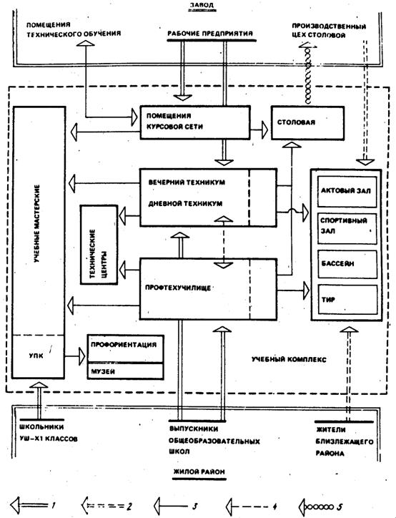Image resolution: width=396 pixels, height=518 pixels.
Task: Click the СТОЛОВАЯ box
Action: [307, 122]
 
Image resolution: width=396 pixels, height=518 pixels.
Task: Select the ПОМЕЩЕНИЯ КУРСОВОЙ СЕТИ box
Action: [195, 122]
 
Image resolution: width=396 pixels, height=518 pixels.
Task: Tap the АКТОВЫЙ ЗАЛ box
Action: [347, 191]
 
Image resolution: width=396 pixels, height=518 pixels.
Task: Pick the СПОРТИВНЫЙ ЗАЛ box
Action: [347, 229]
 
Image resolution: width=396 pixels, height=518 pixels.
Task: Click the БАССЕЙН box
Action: [347, 264]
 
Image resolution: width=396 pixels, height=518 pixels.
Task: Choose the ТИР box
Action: [347, 299]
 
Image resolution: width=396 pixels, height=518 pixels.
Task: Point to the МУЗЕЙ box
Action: [125, 371]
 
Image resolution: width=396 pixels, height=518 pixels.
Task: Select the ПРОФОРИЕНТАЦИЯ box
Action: [125, 349]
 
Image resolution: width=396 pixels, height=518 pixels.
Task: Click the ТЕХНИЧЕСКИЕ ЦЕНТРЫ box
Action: [99, 245]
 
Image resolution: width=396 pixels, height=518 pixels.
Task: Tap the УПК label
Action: [36, 356]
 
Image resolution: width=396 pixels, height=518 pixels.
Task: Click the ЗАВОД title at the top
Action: [202, 5]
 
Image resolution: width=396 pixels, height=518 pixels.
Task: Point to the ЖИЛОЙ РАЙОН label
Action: [199, 471]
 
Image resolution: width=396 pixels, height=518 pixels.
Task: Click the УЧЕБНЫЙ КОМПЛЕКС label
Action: [289, 359]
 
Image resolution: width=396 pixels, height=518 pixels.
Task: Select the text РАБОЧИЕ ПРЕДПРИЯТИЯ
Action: [210, 34]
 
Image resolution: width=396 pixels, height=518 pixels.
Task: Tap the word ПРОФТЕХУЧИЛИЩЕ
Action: [178, 288]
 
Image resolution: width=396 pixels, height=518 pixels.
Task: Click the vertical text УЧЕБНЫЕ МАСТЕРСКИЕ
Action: [36, 224]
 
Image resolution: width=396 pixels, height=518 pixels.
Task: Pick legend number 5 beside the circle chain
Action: [340, 506]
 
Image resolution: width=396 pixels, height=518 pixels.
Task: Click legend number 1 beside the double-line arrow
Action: [54, 505]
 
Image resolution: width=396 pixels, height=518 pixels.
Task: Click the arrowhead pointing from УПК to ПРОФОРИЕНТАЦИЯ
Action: [81, 356]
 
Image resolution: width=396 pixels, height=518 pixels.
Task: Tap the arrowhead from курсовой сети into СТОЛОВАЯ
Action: [264, 129]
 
